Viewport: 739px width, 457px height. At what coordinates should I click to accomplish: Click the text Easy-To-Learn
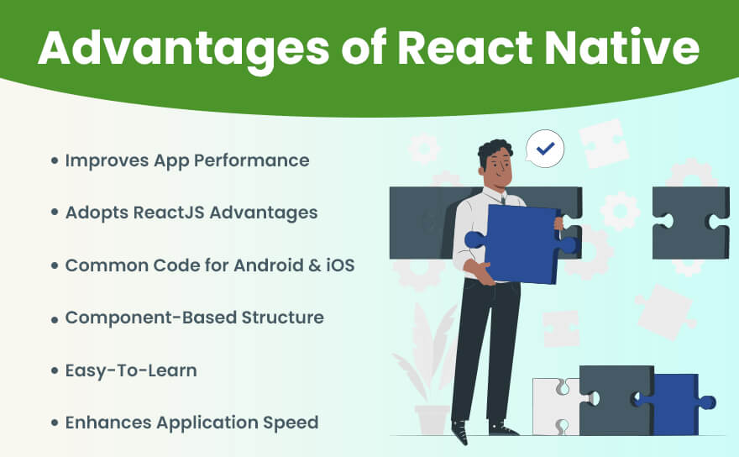point(131,370)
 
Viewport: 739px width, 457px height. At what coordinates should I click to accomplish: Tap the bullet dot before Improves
point(55,160)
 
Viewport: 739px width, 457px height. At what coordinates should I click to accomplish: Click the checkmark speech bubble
point(545,150)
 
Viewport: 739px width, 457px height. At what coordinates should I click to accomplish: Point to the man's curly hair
point(495,151)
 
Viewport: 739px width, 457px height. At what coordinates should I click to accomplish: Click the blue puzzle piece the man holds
point(524,244)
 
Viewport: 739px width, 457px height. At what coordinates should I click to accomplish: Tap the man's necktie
point(502,199)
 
